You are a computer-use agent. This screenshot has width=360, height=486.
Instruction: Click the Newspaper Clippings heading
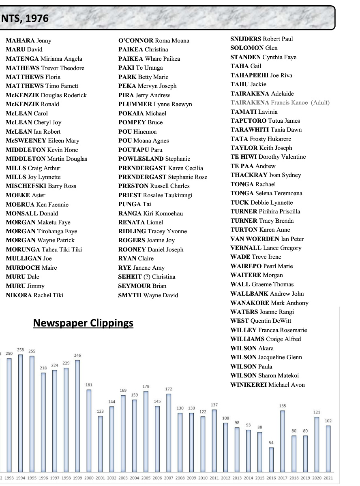83,323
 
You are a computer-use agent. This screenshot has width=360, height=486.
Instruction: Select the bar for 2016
271,459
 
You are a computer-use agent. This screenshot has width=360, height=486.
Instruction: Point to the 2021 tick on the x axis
328,478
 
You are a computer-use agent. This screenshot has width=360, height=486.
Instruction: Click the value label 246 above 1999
77,355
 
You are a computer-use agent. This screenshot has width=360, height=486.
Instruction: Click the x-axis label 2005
146,478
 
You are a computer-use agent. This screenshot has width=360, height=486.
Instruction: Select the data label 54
271,443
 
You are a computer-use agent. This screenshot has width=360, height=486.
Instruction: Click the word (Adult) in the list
320,102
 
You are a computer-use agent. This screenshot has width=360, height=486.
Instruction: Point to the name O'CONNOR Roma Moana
154,40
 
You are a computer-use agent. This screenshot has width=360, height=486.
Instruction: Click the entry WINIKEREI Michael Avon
268,385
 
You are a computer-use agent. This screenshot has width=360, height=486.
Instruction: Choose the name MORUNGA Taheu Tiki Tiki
44,249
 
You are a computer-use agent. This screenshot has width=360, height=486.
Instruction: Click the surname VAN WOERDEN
255,239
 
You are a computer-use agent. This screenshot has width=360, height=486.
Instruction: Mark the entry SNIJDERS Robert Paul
261,39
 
